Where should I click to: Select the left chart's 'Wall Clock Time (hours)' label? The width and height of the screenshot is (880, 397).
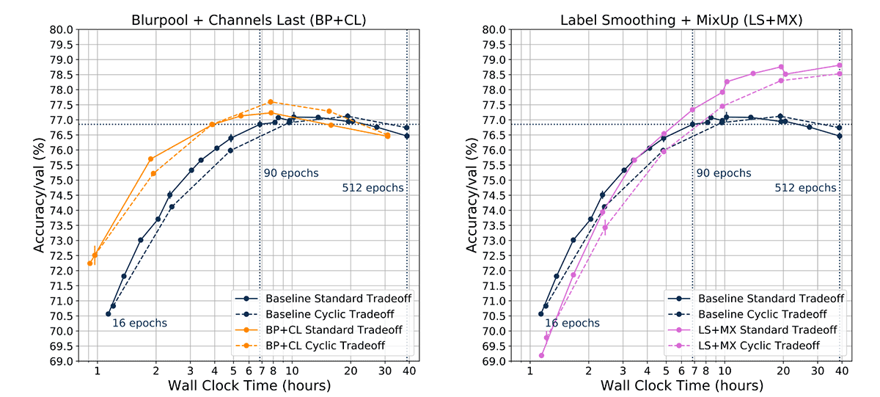tap(249, 386)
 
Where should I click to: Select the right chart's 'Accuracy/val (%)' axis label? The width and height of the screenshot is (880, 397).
tap(472, 195)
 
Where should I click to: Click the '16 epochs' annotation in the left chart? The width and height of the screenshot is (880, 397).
tap(139, 323)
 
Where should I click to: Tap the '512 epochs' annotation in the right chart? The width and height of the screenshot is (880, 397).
tap(805, 188)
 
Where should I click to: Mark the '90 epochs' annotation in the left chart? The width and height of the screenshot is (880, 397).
tap(291, 174)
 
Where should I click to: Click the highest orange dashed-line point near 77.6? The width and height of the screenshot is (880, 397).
tap(271, 102)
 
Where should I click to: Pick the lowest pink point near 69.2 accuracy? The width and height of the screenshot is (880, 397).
tap(541, 355)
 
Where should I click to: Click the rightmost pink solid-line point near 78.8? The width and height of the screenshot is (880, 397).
tap(839, 65)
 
